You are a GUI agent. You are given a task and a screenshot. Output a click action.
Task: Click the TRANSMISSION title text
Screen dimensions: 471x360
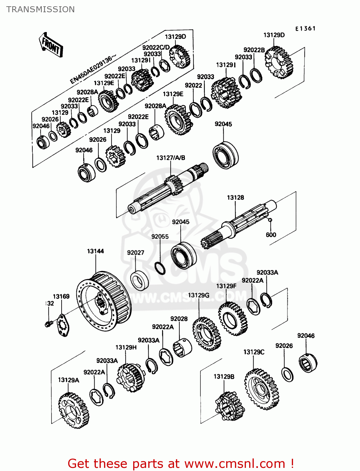[41, 9]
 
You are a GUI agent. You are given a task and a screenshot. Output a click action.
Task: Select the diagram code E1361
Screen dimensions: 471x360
[305, 29]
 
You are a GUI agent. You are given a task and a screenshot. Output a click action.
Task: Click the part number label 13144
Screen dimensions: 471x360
[95, 251]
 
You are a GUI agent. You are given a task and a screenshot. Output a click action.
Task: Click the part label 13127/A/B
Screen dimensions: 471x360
[171, 158]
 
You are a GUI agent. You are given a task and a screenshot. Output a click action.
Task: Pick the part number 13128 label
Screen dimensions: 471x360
[235, 198]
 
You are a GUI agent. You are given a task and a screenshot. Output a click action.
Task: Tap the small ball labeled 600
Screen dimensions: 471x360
[270, 220]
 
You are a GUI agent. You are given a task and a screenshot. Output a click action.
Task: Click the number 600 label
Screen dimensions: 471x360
[271, 235]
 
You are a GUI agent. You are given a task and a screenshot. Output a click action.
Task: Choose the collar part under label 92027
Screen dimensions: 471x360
[139, 281]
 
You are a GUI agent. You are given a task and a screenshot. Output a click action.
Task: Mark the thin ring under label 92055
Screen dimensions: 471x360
[160, 268]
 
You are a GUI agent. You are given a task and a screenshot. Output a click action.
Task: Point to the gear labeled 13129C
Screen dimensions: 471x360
[261, 389]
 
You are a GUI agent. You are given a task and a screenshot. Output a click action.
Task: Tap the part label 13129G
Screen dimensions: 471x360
[199, 295]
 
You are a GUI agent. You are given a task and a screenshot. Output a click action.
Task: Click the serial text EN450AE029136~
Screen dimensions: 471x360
[93, 69]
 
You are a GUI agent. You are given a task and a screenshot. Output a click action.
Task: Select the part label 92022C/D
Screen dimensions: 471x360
[156, 47]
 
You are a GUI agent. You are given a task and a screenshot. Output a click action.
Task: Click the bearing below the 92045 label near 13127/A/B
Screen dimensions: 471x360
[225, 155]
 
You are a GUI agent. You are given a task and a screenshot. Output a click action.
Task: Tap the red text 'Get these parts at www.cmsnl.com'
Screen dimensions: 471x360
[181, 463]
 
